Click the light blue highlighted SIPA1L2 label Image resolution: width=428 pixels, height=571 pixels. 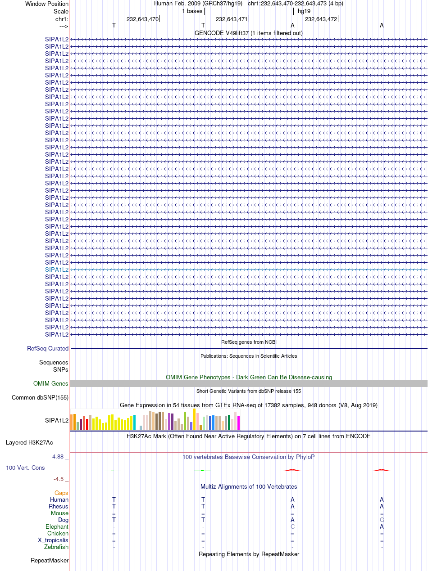pyautogui.click(x=57, y=270)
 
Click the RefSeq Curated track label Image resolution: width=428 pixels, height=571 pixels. pyautogui.click(x=48, y=348)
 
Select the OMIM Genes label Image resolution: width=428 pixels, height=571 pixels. pyautogui.click(x=51, y=383)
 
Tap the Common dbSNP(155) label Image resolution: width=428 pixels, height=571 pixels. pyautogui.click(x=40, y=397)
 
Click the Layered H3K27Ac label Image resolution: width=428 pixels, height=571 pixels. pyautogui.click(x=29, y=442)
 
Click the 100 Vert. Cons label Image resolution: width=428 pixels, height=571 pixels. pyautogui.click(x=25, y=468)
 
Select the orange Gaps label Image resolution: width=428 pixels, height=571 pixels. pyautogui.click(x=61, y=493)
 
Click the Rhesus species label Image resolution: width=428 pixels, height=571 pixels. pyautogui.click(x=59, y=506)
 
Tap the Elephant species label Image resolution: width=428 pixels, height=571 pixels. pyautogui.click(x=57, y=526)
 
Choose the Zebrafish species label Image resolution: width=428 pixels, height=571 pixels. pyautogui.click(x=56, y=547)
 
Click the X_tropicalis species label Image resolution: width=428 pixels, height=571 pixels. pyautogui.click(x=53, y=540)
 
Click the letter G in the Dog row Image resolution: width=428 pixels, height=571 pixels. pyautogui.click(x=382, y=520)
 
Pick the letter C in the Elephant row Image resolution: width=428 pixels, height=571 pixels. pyautogui.click(x=292, y=526)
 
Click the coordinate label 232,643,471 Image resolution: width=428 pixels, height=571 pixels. pyautogui.click(x=232, y=19)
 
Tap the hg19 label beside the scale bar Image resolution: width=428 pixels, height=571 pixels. pyautogui.click(x=304, y=11)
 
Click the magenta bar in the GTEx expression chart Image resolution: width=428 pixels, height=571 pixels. pyautogui.click(x=238, y=423)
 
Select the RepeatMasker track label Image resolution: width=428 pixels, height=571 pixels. pyautogui.click(x=50, y=560)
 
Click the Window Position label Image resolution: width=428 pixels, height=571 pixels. pyautogui.click(x=47, y=4)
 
